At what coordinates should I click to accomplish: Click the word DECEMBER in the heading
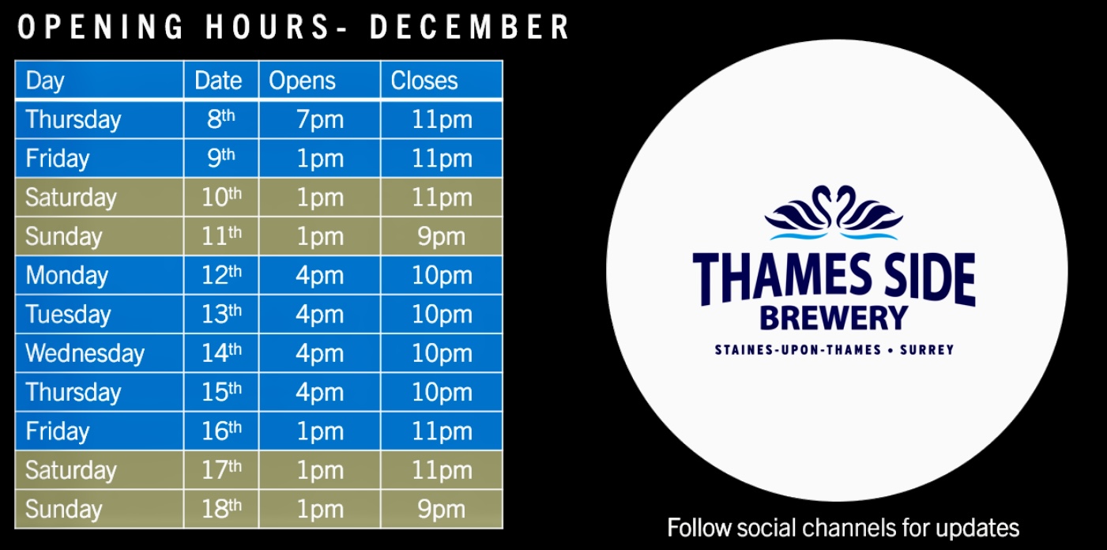click(469, 27)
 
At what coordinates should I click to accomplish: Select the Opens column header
click(302, 81)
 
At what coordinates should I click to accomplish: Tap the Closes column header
click(424, 81)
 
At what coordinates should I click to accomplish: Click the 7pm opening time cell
click(320, 120)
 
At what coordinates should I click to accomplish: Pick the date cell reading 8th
click(221, 120)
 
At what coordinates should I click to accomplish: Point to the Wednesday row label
click(85, 353)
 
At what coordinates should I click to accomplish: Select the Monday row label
click(66, 276)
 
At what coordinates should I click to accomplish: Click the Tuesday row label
click(68, 315)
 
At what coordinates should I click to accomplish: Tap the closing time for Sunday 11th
click(442, 237)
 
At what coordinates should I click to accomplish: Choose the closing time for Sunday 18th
click(442, 510)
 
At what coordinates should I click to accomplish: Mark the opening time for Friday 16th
click(320, 431)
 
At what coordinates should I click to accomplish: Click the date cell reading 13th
click(221, 315)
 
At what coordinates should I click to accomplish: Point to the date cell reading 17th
click(221, 470)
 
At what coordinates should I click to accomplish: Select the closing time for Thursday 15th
click(442, 392)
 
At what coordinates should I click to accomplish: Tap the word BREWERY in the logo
click(834, 318)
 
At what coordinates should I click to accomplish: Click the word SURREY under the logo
click(927, 349)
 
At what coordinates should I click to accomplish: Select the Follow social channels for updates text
click(843, 527)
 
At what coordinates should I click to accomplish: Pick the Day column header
click(45, 81)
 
